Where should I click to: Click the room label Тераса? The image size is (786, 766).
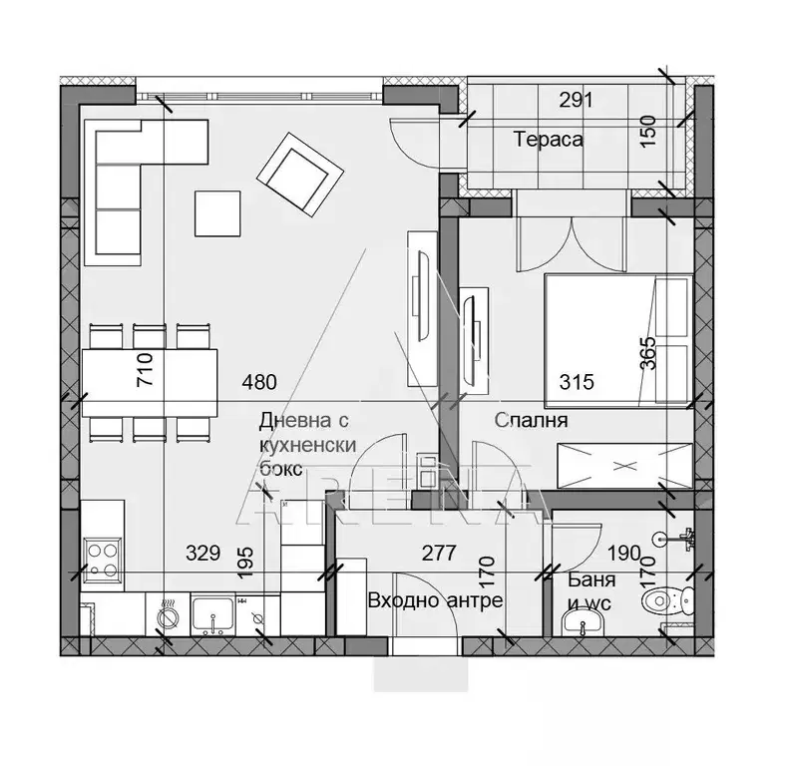(549, 139)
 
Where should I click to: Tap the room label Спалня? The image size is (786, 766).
(531, 420)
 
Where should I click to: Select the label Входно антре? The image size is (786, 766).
(435, 600)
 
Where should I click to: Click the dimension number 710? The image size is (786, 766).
(145, 369)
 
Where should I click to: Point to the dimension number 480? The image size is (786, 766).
(259, 382)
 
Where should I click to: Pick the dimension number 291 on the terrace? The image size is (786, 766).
(576, 101)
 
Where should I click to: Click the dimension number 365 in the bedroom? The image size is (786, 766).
(647, 353)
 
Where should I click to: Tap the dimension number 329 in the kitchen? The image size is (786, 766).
(203, 553)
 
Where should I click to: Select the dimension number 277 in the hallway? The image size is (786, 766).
(439, 553)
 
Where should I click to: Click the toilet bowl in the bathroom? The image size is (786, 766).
(667, 600)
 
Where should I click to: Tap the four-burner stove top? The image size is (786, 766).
(103, 561)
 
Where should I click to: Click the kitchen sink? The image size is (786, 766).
(213, 615)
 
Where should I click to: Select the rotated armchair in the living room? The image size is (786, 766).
(300, 175)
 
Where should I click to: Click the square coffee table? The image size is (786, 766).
(217, 213)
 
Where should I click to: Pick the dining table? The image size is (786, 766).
(150, 383)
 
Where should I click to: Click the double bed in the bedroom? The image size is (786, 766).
(618, 340)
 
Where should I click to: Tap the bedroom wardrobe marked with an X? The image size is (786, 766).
(624, 465)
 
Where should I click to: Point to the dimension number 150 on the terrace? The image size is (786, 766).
(648, 131)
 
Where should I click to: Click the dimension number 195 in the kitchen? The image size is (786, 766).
(245, 563)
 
